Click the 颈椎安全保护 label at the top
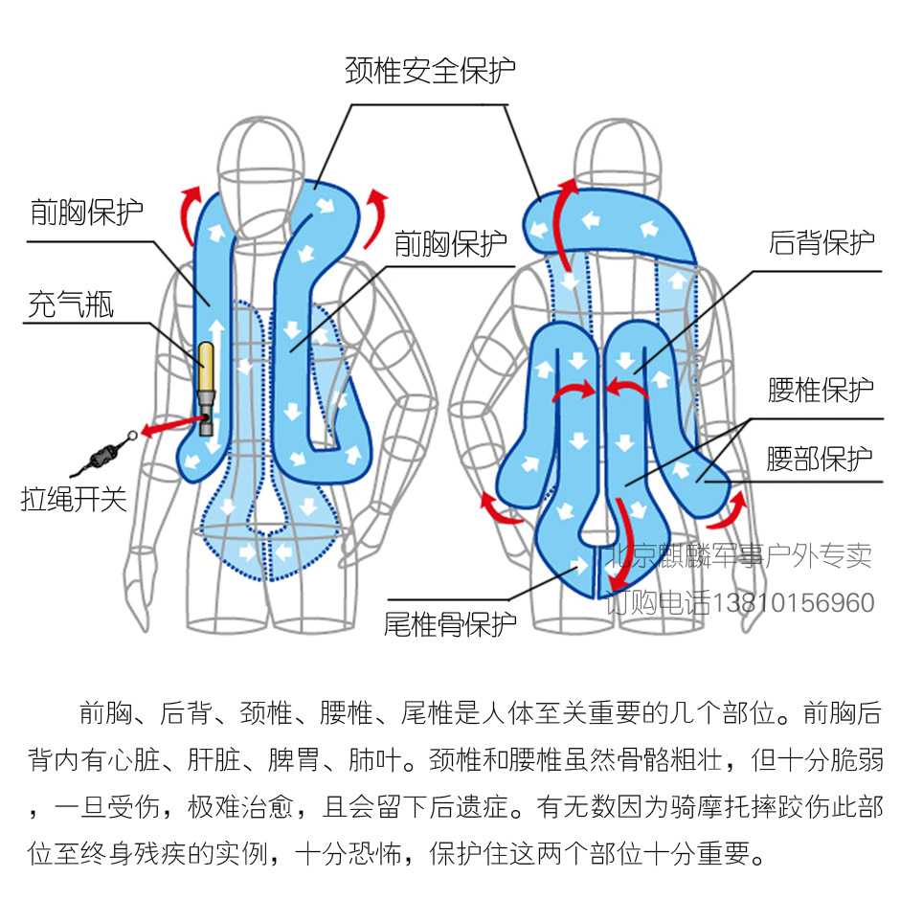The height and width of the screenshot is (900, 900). click(x=431, y=71)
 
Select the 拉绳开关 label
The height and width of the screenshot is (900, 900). click(x=74, y=499)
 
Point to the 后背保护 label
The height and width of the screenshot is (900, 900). click(x=821, y=242)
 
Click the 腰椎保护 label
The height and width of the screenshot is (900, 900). click(x=821, y=391)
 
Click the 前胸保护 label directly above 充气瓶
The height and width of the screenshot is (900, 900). click(x=87, y=213)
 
